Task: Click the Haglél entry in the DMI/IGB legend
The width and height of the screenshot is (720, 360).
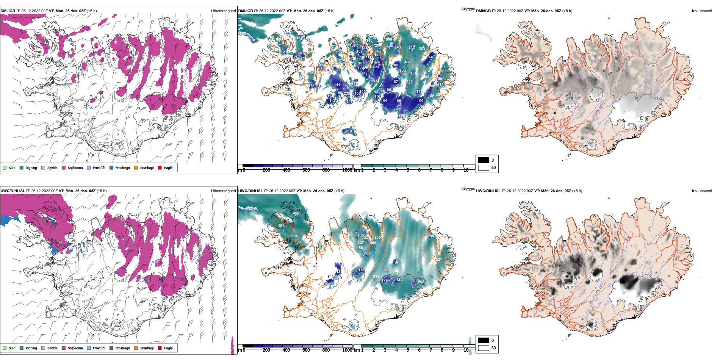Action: pyautogui.click(x=168, y=168)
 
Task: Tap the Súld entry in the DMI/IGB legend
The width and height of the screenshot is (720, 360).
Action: pyautogui.click(x=12, y=168)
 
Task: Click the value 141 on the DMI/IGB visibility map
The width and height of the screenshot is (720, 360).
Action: pyautogui.click(x=337, y=85)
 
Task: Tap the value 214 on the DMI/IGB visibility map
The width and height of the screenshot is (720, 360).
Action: pyautogui.click(x=349, y=131)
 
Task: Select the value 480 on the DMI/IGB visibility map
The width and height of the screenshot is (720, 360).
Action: pyautogui.click(x=407, y=62)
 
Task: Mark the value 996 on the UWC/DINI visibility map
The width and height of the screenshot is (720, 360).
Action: pyautogui.click(x=294, y=236)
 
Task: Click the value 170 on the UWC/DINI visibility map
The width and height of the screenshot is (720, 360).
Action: pyautogui.click(x=361, y=270)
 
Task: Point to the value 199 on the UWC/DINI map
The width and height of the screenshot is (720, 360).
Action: pyautogui.click(x=431, y=236)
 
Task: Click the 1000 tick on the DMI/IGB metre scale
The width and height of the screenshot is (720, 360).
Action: pyautogui.click(x=347, y=170)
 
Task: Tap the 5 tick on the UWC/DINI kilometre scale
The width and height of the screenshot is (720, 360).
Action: pyautogui.click(x=408, y=350)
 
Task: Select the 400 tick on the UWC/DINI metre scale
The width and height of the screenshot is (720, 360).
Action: pyautogui.click(x=286, y=350)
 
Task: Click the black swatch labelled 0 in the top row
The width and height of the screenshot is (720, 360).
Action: pyautogui.click(x=484, y=160)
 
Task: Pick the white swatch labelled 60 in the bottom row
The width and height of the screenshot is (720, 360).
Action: pyautogui.click(x=484, y=348)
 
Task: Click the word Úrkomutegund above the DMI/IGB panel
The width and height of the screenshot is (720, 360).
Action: pyautogui.click(x=223, y=11)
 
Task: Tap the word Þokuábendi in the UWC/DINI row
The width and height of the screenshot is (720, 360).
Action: pyautogui.click(x=702, y=191)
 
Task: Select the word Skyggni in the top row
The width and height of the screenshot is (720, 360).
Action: pyautogui.click(x=468, y=9)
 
